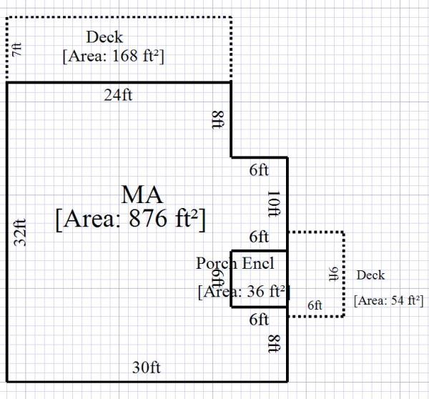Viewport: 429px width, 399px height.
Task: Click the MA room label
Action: click(x=142, y=194)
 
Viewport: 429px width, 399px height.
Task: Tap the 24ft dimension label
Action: click(x=119, y=94)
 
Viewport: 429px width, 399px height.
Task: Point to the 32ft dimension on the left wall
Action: click(x=21, y=232)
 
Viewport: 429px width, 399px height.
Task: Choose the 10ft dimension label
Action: click(x=272, y=205)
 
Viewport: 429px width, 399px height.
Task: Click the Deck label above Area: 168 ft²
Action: click(x=104, y=37)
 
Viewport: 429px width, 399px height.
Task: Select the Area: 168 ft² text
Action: click(x=114, y=55)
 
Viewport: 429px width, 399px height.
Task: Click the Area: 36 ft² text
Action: click(x=242, y=291)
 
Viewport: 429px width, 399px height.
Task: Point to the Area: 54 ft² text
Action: click(x=389, y=300)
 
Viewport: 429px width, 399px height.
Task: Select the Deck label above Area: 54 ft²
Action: click(x=370, y=275)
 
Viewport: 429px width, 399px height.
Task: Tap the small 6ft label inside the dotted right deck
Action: click(x=315, y=305)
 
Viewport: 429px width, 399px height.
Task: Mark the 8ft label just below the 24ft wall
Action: click(x=217, y=119)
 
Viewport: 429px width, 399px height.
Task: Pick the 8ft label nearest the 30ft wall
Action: click(x=272, y=343)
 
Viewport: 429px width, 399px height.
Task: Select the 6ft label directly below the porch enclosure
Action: click(x=259, y=319)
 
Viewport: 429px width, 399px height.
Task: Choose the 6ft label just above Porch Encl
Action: click(x=259, y=237)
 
